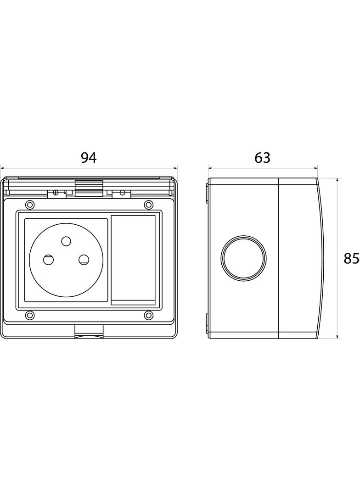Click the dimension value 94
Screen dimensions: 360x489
click(89, 158)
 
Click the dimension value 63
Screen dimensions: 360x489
click(262, 158)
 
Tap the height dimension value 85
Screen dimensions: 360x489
click(352, 258)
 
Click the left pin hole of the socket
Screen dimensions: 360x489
click(48, 260)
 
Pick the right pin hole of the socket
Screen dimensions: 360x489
click(84, 260)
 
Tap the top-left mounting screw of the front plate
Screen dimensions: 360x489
click(30, 205)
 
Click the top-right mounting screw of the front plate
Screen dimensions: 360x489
click(149, 205)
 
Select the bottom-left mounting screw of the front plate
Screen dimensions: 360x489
click(30, 315)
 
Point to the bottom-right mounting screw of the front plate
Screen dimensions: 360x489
click(149, 315)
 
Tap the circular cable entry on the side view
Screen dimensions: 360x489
click(243, 257)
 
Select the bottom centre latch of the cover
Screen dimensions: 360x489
click(89, 331)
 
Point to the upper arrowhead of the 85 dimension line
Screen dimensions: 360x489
click(337, 181)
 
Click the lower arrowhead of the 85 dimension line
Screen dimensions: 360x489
click(337, 336)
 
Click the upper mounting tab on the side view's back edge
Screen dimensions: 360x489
click(207, 194)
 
